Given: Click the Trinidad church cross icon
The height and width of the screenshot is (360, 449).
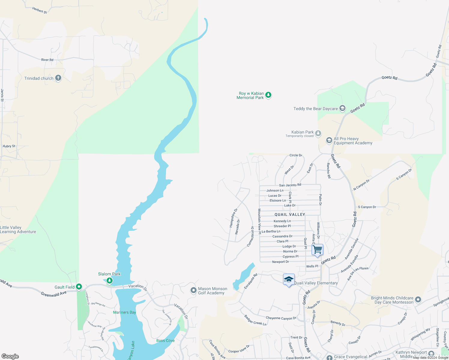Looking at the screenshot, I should click(x=58, y=78).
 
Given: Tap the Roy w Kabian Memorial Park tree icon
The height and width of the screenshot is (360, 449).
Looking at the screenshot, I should click(x=268, y=95).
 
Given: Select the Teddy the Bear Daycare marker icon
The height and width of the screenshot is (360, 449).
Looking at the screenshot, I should click(x=342, y=109).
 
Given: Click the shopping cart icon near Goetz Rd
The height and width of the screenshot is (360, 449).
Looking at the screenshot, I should click(x=317, y=250).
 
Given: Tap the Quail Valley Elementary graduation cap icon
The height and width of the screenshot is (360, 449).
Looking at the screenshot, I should click(x=289, y=280).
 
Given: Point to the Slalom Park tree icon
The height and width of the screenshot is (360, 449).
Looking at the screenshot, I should click(x=110, y=280).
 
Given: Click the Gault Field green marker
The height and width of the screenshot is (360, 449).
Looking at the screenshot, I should click(x=79, y=287).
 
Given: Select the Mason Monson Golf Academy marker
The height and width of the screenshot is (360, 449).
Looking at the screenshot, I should click(x=194, y=290).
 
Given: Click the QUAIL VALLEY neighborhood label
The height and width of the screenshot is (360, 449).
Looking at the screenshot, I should click(x=290, y=214).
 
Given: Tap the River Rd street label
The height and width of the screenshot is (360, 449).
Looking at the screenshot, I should click(x=47, y=60).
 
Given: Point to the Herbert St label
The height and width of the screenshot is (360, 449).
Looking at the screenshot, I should click(x=39, y=10).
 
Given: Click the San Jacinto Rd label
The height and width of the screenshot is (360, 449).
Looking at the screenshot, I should click(x=290, y=185).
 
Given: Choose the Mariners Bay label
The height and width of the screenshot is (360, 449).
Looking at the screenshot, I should click(x=125, y=312).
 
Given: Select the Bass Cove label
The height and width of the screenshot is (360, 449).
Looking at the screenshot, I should click(x=165, y=340).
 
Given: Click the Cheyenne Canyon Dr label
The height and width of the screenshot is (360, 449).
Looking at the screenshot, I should click(x=281, y=318).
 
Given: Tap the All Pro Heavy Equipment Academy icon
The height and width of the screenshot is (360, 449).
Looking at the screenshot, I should click(x=329, y=140).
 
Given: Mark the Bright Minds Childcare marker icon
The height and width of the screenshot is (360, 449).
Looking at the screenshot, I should click(x=418, y=300).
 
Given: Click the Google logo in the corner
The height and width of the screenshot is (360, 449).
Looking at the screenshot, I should click(x=10, y=356).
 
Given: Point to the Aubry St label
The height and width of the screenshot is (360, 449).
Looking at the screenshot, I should click(x=9, y=146).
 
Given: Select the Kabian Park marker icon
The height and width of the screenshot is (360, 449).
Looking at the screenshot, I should click(x=318, y=133).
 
